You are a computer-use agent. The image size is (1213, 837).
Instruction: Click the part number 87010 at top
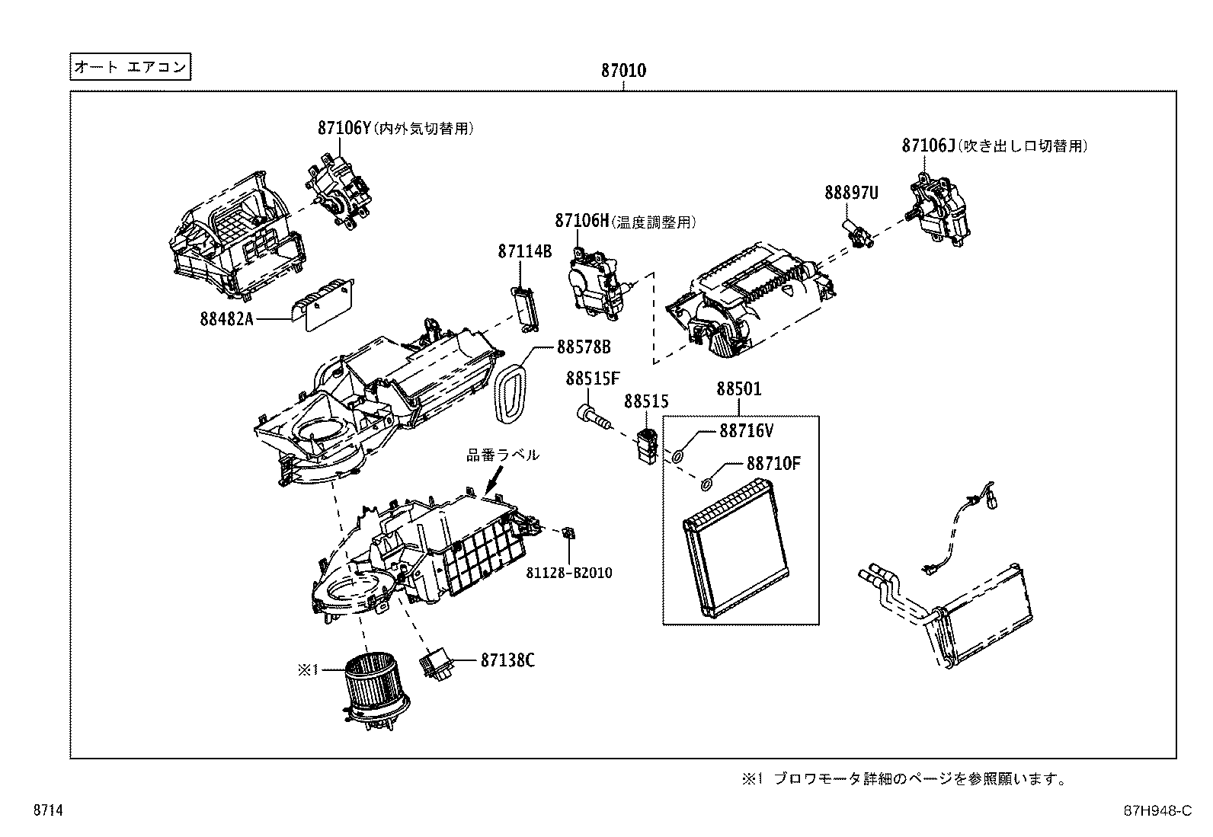pos(623,72)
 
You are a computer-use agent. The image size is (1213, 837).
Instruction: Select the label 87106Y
pos(344,128)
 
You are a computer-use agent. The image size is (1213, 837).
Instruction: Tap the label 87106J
pos(928,145)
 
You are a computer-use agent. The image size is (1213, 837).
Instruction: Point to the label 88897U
pos(850,193)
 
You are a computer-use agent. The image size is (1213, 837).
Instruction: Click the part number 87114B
pos(524,251)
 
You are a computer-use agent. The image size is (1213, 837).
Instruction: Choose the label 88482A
pos(226,318)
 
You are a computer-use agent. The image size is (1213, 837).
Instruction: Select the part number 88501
pos(738,389)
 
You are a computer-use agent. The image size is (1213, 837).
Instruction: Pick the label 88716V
pos(746,431)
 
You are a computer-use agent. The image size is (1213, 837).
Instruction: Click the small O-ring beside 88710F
pos(706,483)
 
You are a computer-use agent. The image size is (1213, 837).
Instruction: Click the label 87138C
pos(507,660)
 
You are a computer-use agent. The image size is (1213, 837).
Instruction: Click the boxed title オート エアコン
pos(129,67)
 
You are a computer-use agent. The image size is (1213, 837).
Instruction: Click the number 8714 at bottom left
pos(47,811)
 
